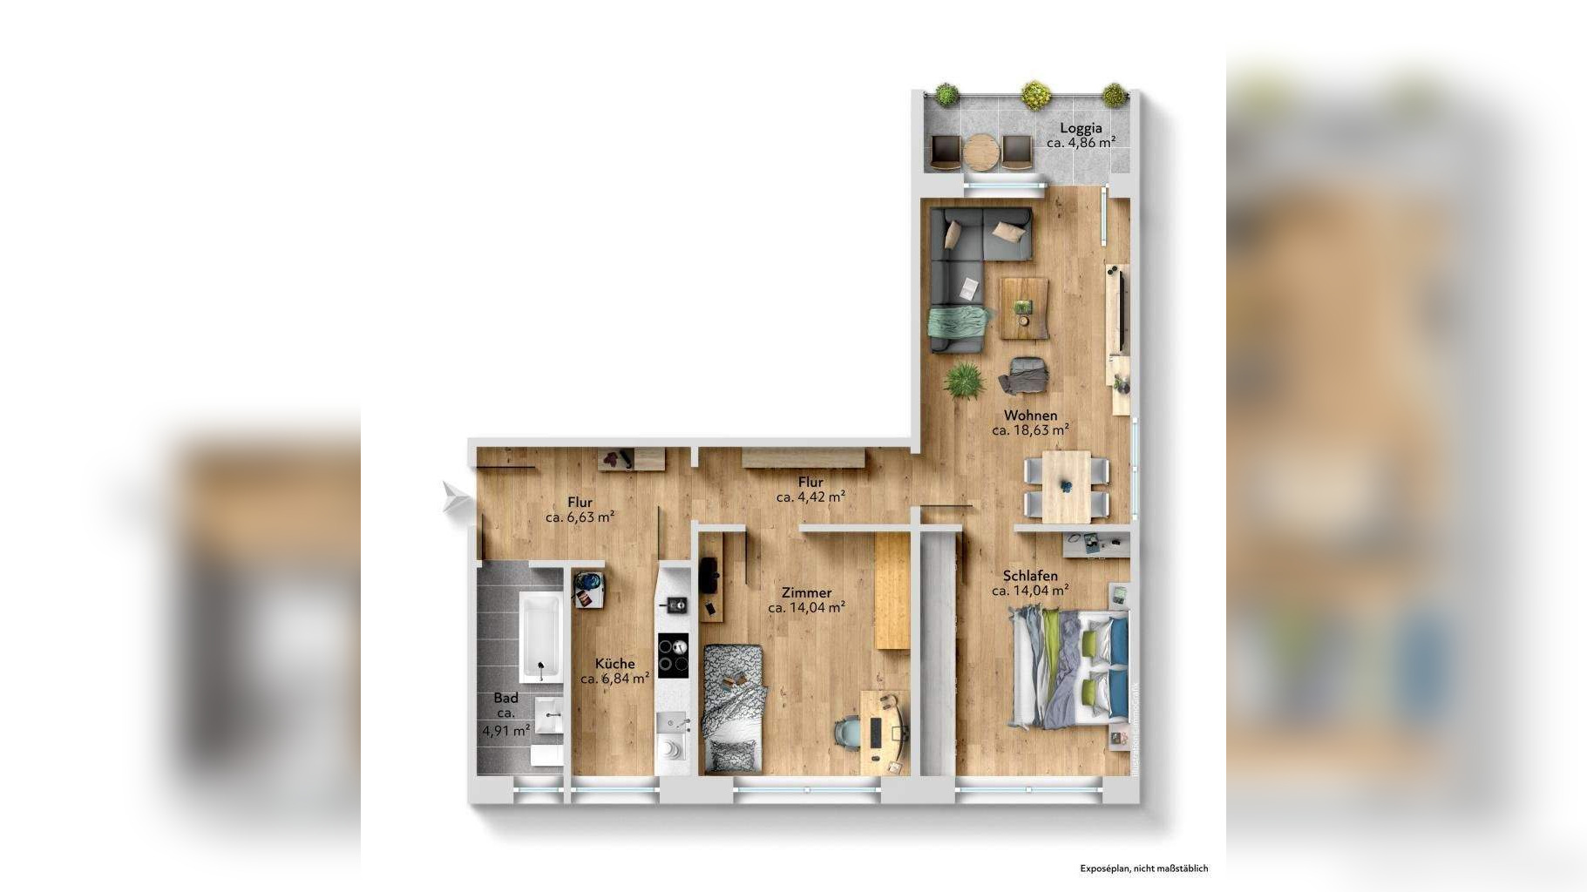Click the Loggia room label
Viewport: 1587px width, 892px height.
(1081, 128)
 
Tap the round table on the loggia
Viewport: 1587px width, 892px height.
(980, 152)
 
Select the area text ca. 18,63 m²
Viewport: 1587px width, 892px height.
(1030, 429)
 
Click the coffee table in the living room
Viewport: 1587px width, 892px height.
(1024, 307)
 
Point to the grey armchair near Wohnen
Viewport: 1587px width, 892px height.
(1024, 375)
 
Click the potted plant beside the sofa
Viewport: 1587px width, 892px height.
(963, 380)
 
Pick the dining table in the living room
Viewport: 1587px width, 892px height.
(1067, 486)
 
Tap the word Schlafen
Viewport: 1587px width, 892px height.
(1030, 576)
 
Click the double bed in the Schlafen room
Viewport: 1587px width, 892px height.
(1068, 668)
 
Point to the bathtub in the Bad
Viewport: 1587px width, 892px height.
(540, 636)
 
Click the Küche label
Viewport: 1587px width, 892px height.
(614, 664)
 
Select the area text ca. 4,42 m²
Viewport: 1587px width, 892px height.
(810, 497)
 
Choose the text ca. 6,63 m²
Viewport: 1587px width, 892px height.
(580, 517)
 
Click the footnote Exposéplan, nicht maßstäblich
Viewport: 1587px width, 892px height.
(1143, 868)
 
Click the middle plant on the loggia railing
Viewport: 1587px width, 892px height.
(1035, 94)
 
